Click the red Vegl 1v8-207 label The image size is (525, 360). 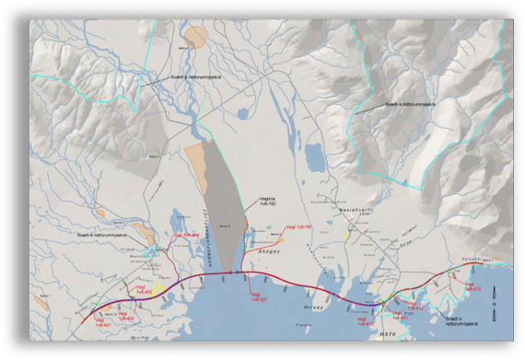260,296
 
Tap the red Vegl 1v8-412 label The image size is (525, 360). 416,308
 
